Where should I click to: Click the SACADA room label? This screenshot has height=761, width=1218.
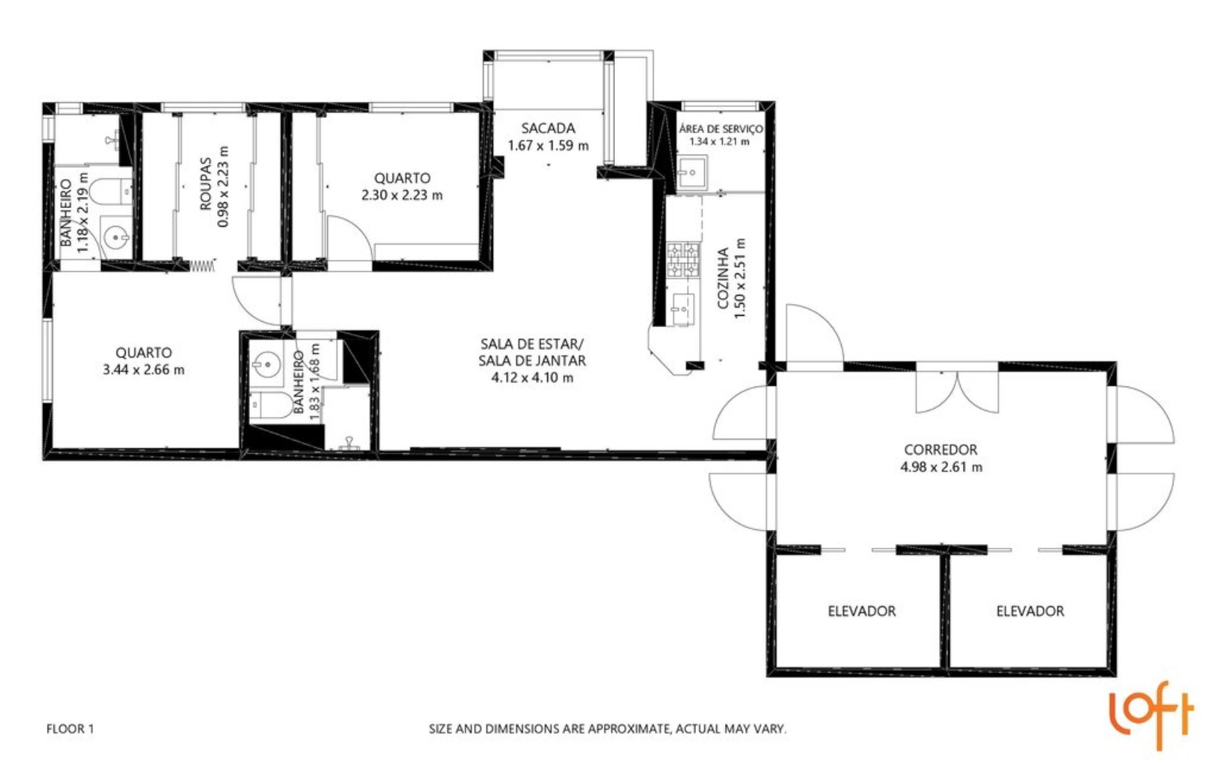(x=547, y=128)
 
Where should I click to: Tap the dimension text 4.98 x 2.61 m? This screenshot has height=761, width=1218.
(x=941, y=467)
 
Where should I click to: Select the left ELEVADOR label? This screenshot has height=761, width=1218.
(x=861, y=611)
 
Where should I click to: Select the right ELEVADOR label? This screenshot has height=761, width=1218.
(x=1030, y=611)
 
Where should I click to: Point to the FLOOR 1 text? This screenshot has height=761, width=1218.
(x=70, y=729)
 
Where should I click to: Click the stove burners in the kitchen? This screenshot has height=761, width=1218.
(x=683, y=260)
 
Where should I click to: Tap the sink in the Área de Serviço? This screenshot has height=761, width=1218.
(x=692, y=173)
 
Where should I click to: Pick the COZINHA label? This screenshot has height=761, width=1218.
(x=723, y=279)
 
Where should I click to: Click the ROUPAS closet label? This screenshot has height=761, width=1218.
(x=206, y=184)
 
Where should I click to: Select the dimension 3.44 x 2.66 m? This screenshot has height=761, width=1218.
(x=144, y=370)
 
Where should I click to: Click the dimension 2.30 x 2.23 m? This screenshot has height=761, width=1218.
(x=402, y=195)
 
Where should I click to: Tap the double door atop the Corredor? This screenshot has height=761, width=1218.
(x=957, y=390)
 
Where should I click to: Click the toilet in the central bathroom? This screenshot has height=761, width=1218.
(x=272, y=406)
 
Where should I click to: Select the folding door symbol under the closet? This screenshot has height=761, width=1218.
(x=202, y=265)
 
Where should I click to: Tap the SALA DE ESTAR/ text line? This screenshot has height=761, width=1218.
(x=532, y=344)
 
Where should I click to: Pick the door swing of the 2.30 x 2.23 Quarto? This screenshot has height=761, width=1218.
(x=348, y=236)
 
